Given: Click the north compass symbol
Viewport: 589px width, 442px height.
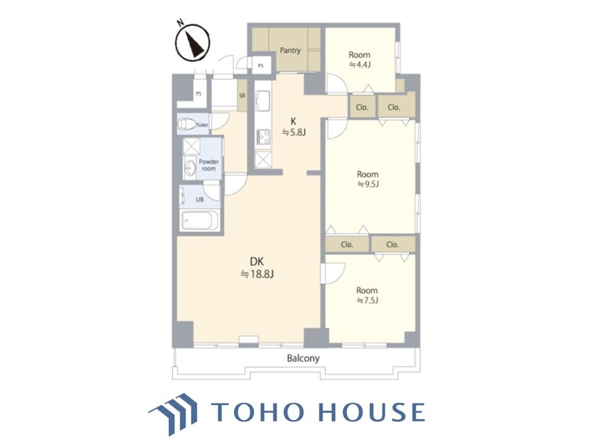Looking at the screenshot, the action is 192,42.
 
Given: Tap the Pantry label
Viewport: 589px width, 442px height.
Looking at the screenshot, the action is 290,50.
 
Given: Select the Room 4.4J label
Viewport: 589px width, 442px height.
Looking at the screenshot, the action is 360,60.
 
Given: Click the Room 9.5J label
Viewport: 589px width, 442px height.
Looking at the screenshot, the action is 368,179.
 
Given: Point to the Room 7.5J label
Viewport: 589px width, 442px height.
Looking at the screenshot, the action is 367,295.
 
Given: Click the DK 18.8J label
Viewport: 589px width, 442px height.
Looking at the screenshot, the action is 257,268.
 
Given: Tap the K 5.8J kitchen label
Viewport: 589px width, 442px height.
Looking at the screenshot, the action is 294,126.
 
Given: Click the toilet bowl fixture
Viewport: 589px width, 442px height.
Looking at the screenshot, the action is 187,124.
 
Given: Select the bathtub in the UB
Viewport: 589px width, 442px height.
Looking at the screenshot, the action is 199,221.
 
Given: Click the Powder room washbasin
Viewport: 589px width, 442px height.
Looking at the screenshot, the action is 190,168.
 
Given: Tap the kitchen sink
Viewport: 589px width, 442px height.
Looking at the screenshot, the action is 262,101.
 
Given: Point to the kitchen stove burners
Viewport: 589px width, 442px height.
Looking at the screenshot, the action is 262,137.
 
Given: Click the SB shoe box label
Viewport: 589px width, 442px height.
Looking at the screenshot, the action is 243,96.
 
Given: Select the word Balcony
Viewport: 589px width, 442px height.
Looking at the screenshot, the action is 303,358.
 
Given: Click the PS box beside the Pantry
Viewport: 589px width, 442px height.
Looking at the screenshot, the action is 261,66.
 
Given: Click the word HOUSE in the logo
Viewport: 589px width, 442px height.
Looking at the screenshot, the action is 372,411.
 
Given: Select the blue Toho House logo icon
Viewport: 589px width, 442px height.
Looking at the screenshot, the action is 174,413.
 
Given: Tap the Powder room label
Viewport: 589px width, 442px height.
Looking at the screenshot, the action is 208,165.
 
